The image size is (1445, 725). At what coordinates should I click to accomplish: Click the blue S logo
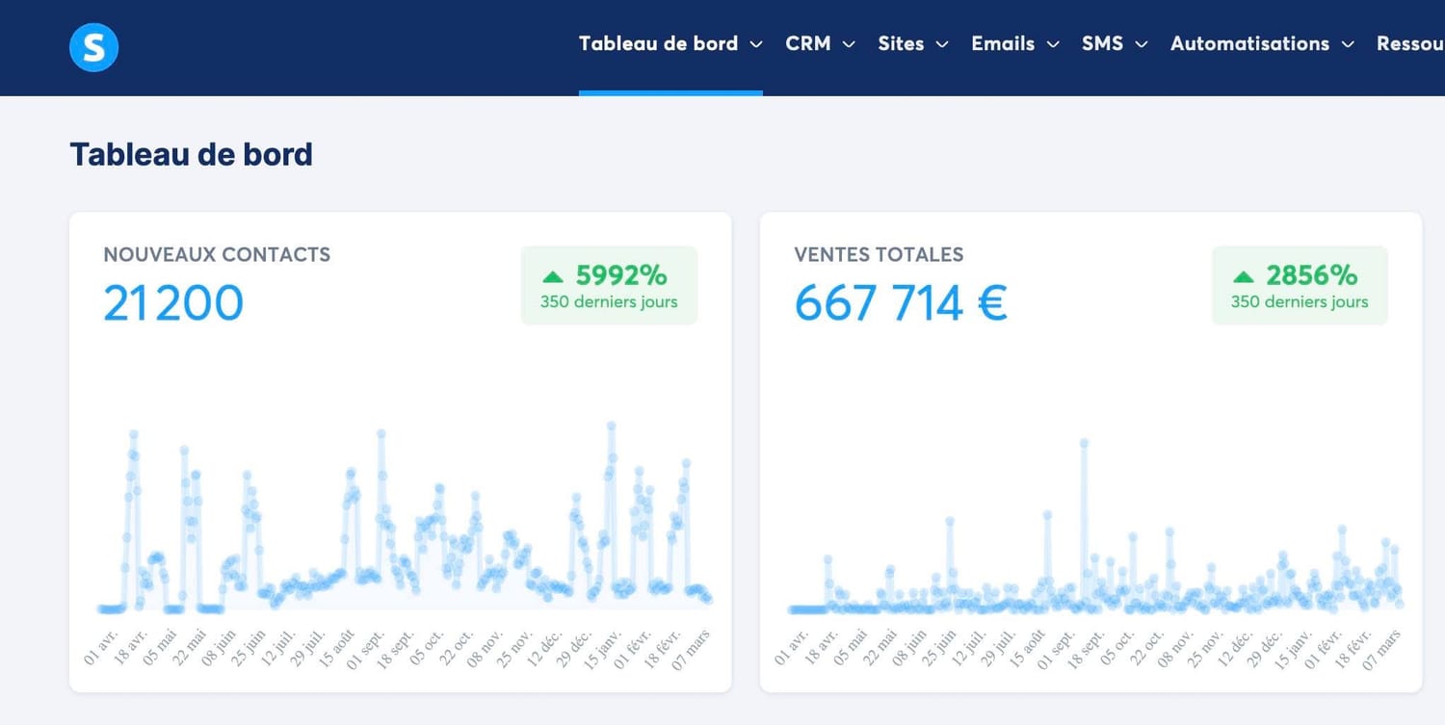click(93, 47)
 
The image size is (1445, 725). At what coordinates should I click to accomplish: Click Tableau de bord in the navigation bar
click(658, 44)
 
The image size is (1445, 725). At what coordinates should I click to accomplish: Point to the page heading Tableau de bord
click(191, 154)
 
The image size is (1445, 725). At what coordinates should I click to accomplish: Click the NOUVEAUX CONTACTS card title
click(217, 255)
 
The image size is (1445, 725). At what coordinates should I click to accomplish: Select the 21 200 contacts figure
click(172, 302)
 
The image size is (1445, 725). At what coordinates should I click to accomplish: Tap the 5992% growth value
click(621, 275)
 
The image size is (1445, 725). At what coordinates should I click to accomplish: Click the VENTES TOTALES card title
click(879, 255)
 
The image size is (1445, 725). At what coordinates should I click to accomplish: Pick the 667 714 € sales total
click(901, 302)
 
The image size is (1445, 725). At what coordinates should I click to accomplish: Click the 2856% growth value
click(1312, 275)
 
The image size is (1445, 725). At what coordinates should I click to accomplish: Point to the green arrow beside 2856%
click(1243, 276)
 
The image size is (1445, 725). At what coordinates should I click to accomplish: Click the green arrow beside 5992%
click(552, 276)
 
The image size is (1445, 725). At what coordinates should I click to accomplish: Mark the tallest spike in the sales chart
click(1084, 443)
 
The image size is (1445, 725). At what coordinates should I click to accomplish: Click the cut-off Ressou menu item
click(1411, 44)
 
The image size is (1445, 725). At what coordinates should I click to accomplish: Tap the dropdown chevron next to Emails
click(1053, 44)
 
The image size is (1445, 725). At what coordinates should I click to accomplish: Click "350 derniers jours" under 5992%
click(609, 302)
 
